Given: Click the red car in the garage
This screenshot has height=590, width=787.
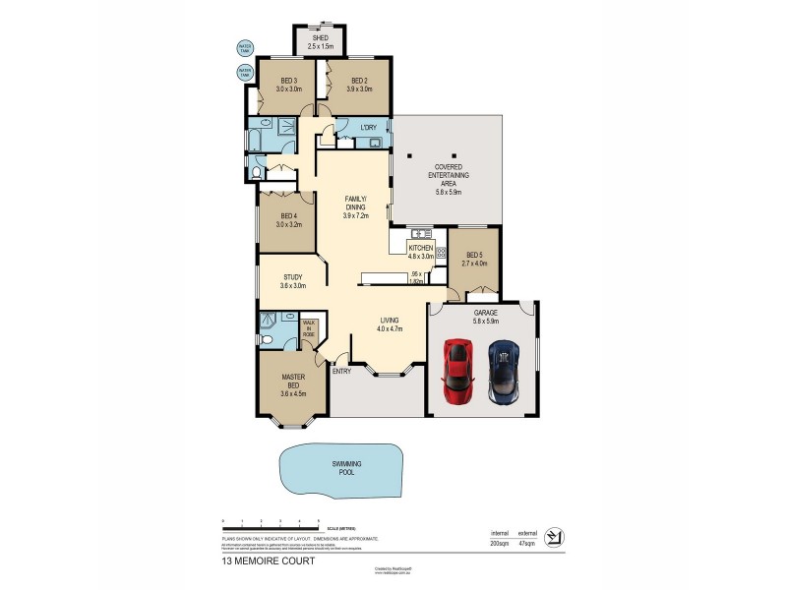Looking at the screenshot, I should [x=456, y=371].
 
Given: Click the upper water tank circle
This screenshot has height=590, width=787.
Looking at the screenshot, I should [x=245, y=47].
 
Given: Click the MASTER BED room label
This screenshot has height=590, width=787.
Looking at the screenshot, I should [x=293, y=378].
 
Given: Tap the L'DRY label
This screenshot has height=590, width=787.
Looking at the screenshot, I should [x=369, y=128].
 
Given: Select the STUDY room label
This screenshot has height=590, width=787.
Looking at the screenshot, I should [x=292, y=277].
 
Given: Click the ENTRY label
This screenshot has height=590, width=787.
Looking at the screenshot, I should [x=341, y=371].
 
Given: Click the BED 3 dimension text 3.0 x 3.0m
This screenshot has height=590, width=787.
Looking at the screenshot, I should [x=289, y=89].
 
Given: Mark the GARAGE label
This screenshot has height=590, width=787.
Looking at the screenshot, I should [x=486, y=312].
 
